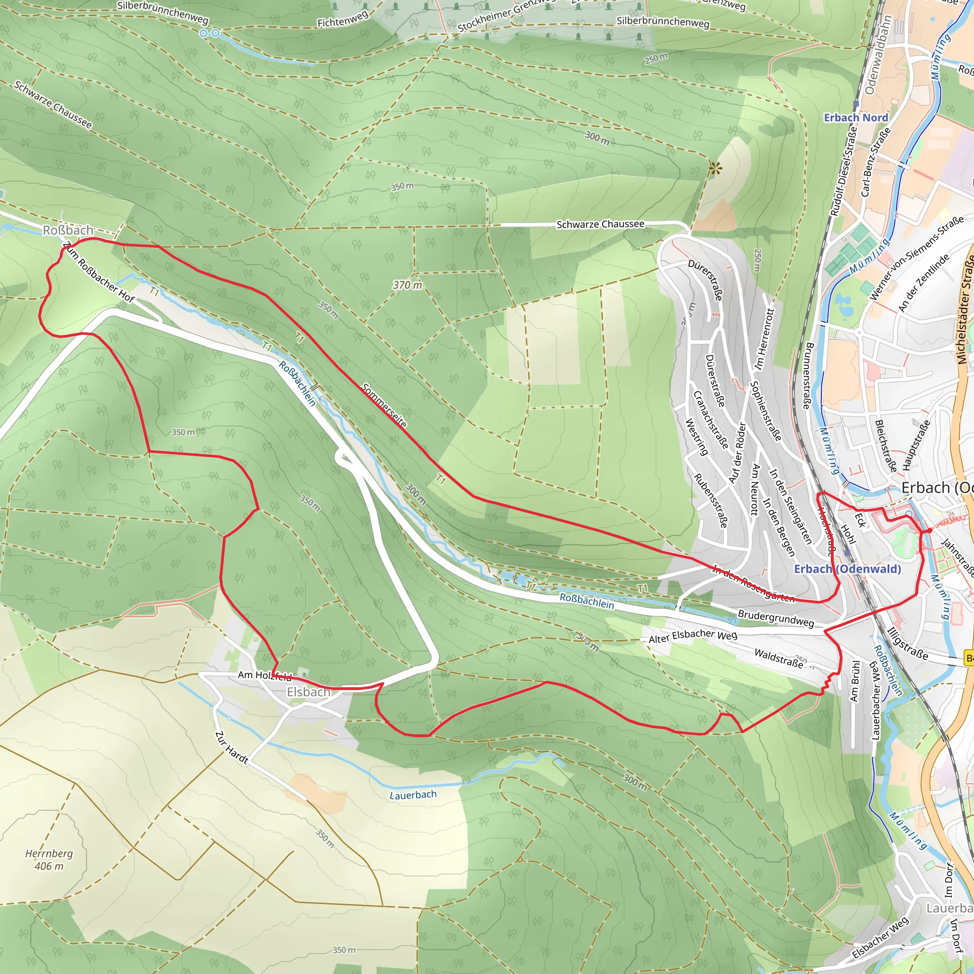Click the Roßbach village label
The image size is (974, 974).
tap(68, 230)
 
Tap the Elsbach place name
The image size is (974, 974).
tap(308, 692)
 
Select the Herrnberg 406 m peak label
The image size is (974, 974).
tap(49, 859)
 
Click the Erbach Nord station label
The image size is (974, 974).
tap(856, 117)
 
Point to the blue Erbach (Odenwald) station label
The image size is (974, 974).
tap(847, 569)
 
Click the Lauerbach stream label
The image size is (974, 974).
tap(413, 795)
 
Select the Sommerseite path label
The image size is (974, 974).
tap(384, 405)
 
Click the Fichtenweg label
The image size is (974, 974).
tap(342, 19)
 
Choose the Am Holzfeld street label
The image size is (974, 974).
tap(264, 675)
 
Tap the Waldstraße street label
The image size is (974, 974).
tap(779, 658)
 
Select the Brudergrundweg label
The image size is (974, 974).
tap(775, 618)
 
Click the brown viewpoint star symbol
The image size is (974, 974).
tap(714, 169)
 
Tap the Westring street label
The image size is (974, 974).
tap(696, 437)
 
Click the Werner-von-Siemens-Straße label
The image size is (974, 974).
tap(916, 258)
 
